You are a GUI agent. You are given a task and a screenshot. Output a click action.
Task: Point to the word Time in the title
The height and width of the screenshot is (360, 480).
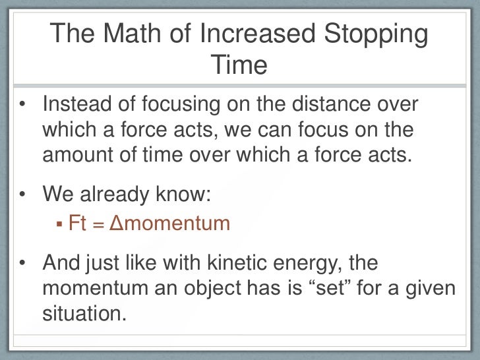click(239, 65)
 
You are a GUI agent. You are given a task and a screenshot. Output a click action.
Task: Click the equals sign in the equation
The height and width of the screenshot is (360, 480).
click(98, 224)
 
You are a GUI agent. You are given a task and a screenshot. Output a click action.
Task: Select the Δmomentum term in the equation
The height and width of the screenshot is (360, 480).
click(168, 224)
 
